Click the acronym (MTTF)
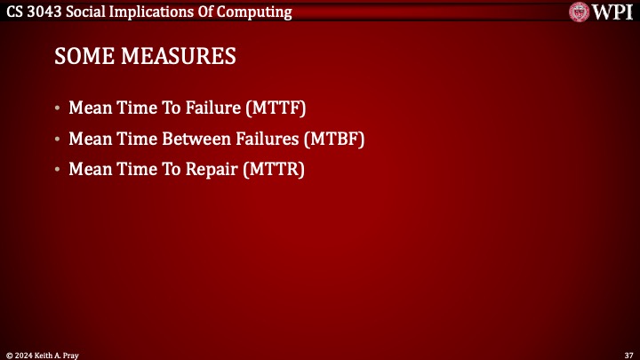point(275,109)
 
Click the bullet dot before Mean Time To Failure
point(58,110)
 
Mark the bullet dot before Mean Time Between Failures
point(58,140)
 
